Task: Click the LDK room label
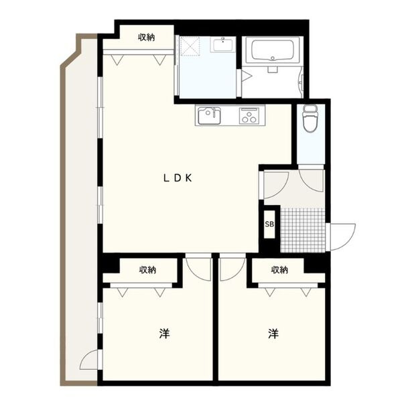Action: point(178,178)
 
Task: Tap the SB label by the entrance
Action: point(269,224)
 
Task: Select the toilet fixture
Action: point(310,119)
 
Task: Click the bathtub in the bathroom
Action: point(272,50)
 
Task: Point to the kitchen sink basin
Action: point(209,116)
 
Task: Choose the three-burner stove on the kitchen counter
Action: point(249,116)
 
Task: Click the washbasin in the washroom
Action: point(222,44)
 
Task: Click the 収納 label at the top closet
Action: point(146,38)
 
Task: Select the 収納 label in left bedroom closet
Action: point(147,270)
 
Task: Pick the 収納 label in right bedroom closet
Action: point(279,270)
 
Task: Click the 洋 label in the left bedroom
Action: point(164,334)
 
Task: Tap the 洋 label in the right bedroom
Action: point(273,334)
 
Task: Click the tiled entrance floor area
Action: point(303,229)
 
